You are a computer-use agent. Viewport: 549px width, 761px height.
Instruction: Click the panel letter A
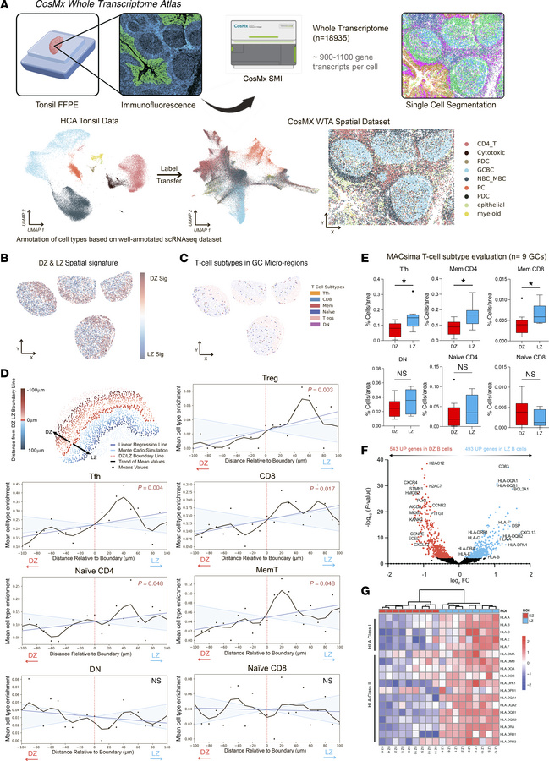coord(7,7)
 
